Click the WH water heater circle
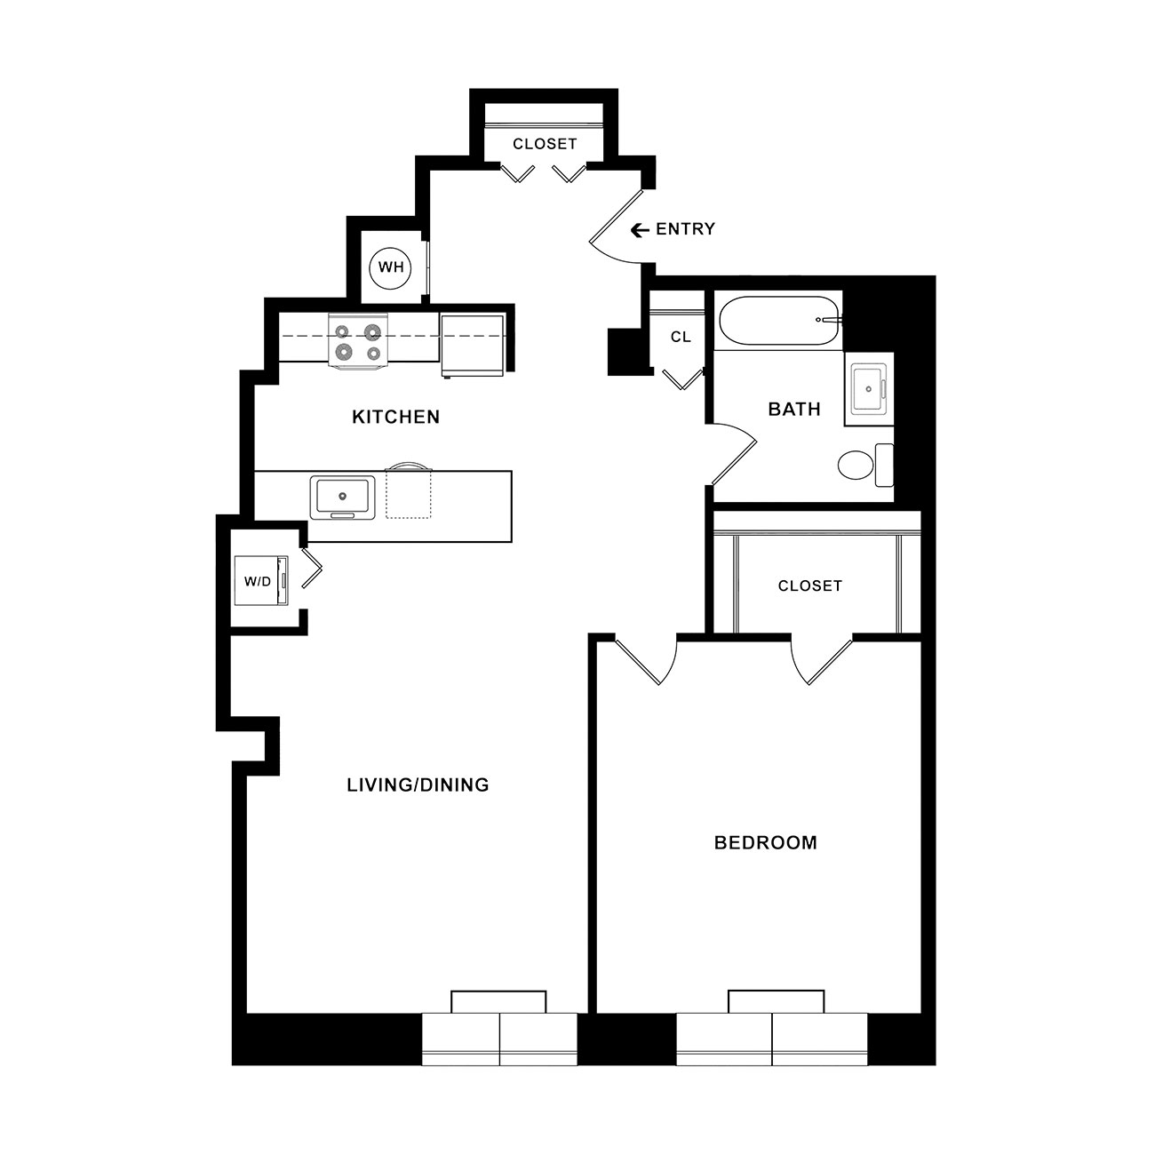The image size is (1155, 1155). point(390,267)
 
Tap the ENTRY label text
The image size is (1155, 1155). point(686,229)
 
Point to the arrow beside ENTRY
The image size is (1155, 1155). point(640,230)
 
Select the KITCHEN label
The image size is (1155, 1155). point(395,417)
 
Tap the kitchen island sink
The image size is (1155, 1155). point(343,497)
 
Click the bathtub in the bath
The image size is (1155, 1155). point(780,320)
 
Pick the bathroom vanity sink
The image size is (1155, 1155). point(869,389)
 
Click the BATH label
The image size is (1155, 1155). point(794,410)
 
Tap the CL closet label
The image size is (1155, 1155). point(681,338)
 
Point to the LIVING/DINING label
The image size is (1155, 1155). point(418,785)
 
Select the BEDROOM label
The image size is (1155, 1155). point(765,843)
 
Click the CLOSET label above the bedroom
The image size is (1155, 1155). point(809,585)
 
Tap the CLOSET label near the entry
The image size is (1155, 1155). point(545,144)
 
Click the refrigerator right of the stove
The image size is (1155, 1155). point(473,346)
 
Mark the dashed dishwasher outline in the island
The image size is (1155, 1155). point(408,495)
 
